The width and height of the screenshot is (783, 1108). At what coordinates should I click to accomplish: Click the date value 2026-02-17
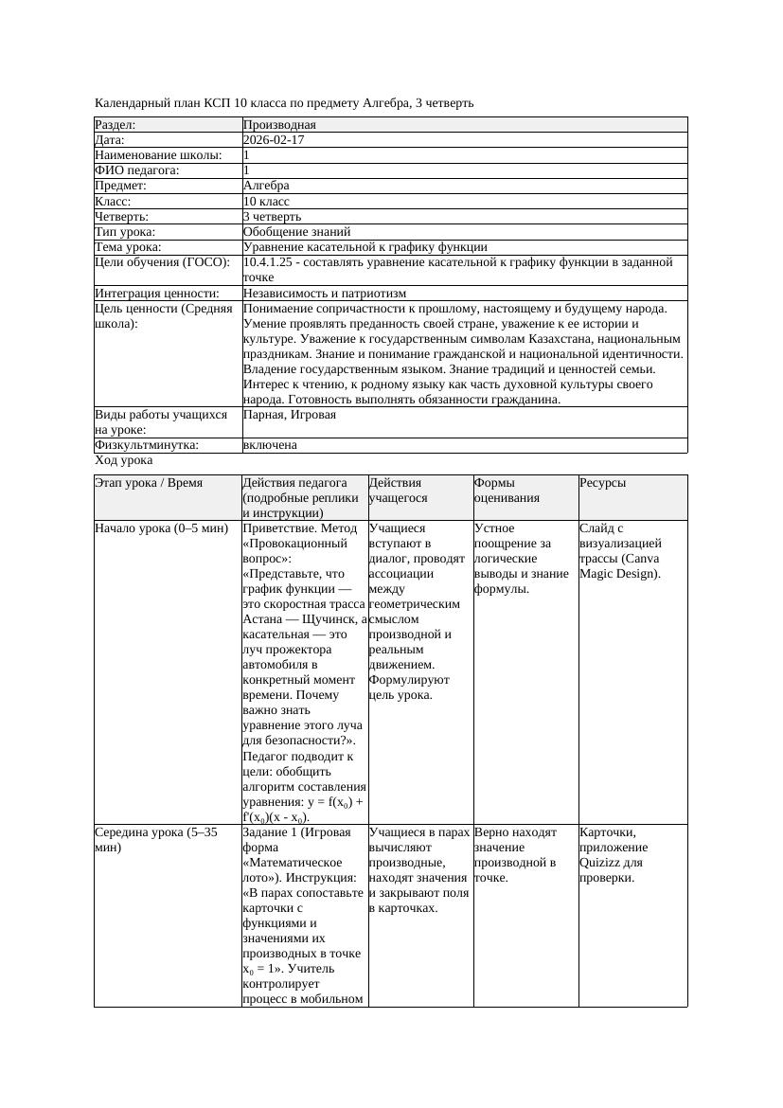click(x=274, y=139)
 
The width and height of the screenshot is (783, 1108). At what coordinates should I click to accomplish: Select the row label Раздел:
click(x=116, y=124)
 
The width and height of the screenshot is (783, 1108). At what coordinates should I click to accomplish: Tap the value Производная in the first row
click(x=279, y=124)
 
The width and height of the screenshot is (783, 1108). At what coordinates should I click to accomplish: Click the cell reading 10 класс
click(x=266, y=201)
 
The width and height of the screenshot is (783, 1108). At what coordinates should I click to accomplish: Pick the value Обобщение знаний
click(x=296, y=231)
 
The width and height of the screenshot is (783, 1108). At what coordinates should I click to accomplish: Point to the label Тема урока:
click(x=128, y=246)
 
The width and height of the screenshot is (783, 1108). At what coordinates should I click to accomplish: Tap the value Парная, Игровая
click(x=289, y=415)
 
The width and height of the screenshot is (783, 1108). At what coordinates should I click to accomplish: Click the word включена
click(x=270, y=445)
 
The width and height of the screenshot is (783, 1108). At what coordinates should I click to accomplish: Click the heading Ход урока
click(x=124, y=460)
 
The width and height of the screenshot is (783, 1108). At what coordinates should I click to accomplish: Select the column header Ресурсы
click(x=603, y=483)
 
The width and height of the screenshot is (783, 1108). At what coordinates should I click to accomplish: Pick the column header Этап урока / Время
click(x=149, y=483)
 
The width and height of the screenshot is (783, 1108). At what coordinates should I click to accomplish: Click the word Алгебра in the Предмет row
click(x=266, y=186)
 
